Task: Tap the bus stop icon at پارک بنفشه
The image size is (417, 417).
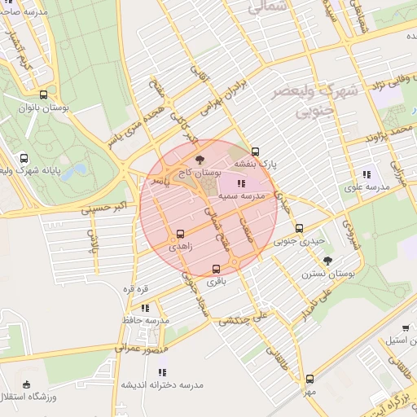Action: pyautogui.click(x=256, y=151)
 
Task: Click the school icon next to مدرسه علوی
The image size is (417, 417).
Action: pyautogui.click(x=366, y=174)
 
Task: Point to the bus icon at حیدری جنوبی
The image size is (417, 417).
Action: pyautogui.click(x=299, y=228)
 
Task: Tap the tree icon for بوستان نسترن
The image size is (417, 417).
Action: pyautogui.click(x=327, y=261)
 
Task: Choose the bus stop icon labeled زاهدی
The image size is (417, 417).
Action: pyautogui.click(x=180, y=233)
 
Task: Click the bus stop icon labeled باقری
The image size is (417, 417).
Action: pyautogui.click(x=216, y=269)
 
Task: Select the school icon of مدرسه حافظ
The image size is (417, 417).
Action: pyautogui.click(x=144, y=308)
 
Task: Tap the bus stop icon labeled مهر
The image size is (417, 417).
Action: pyautogui.click(x=309, y=379)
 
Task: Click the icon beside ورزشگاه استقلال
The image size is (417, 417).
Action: pyautogui.click(x=27, y=384)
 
